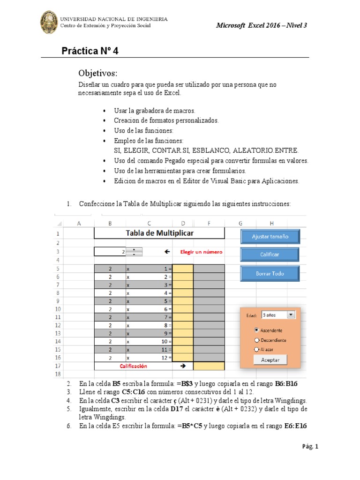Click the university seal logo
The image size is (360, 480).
[x=49, y=22]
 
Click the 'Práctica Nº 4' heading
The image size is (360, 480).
[x=90, y=51]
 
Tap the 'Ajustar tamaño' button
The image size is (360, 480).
[x=270, y=237]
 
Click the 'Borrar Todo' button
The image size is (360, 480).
[x=270, y=273]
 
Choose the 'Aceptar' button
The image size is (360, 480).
[x=270, y=360]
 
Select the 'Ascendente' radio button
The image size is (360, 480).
[x=256, y=330]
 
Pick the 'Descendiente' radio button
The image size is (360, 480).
[x=256, y=340]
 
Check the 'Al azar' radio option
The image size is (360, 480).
[x=256, y=349]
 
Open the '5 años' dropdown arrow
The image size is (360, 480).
[x=291, y=315]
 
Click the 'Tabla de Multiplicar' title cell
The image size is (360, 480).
[x=159, y=233]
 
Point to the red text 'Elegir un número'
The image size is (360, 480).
[x=202, y=252]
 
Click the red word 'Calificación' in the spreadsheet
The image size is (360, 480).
[x=133, y=366]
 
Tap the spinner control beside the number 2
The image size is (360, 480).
[x=135, y=252]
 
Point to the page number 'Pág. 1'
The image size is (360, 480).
[x=310, y=447]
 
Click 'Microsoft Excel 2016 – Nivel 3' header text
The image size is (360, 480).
[x=261, y=25]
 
